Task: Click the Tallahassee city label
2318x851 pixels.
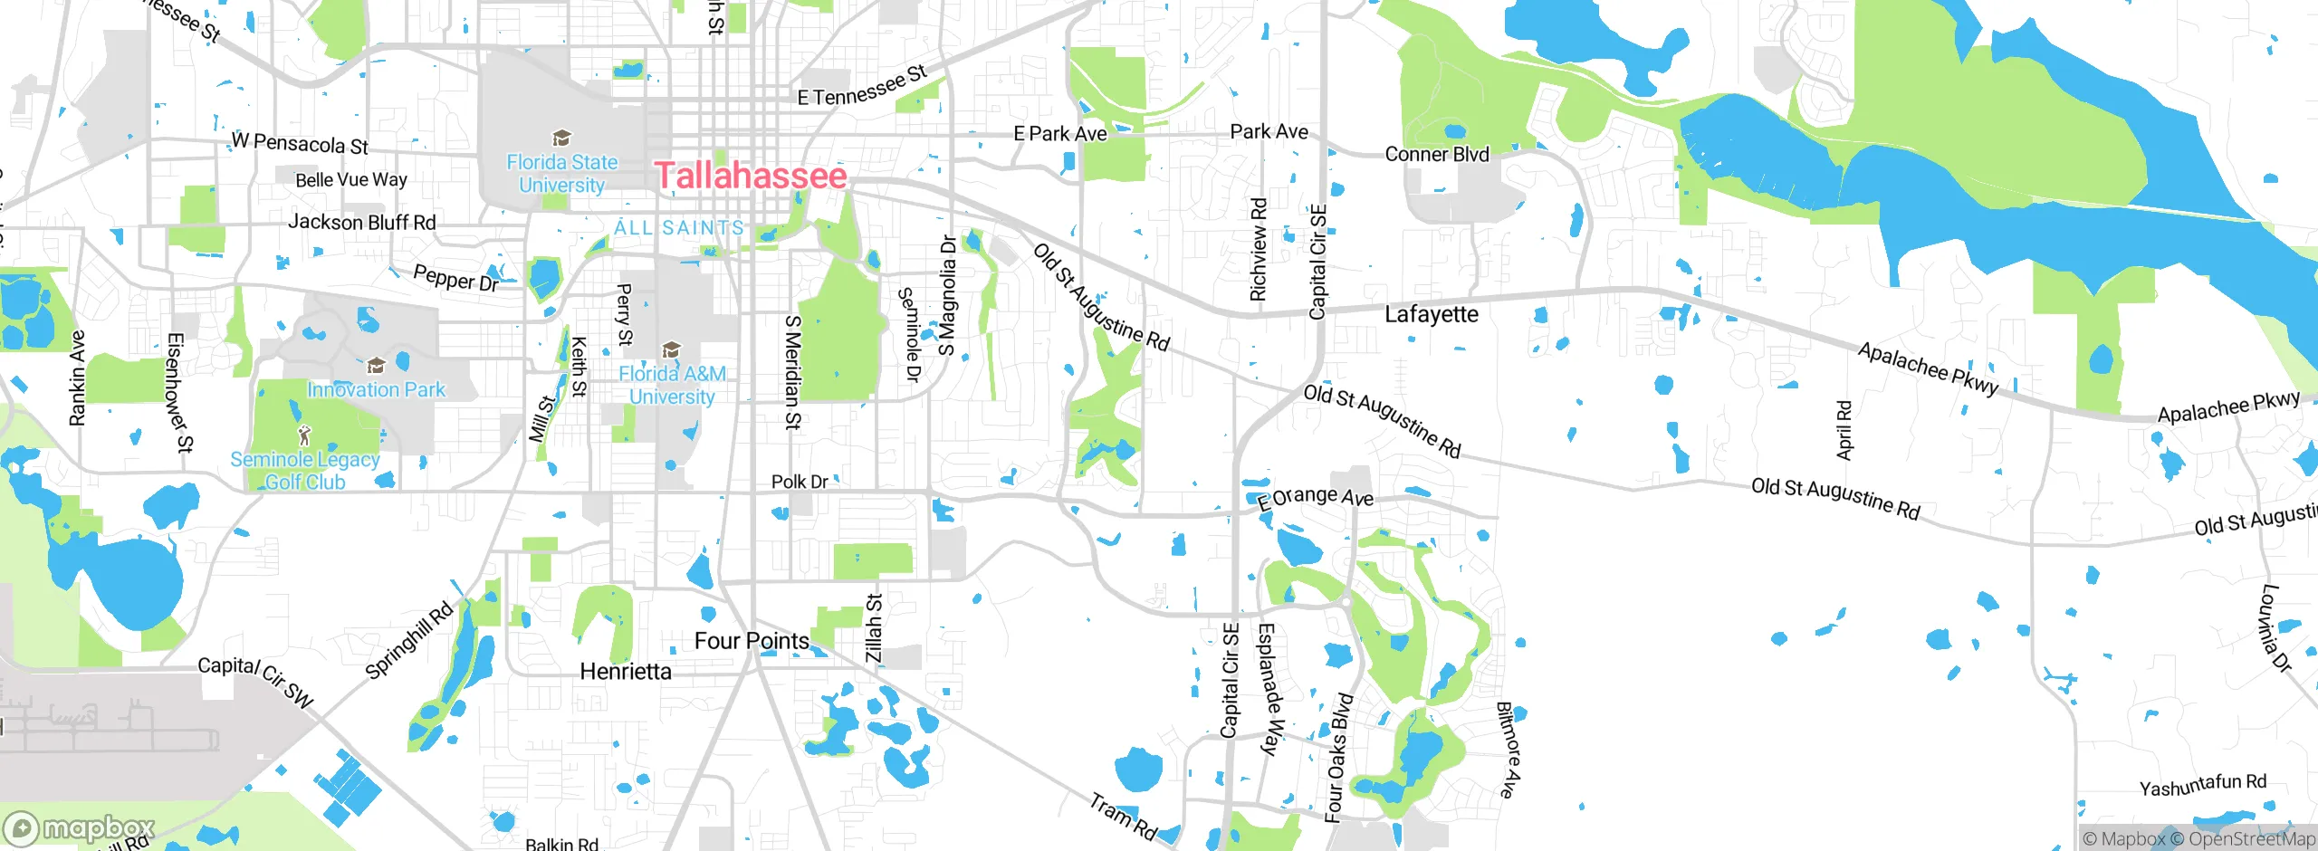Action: pos(751,176)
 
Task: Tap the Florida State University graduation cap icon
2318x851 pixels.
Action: pos(561,139)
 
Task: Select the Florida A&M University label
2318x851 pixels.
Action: pos(672,385)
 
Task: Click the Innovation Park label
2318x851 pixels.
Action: pos(376,390)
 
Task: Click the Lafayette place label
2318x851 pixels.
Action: pos(1432,315)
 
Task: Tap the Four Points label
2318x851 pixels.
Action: pos(752,641)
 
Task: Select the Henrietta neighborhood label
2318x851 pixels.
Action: pos(626,672)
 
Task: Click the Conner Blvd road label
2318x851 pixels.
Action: pos(1437,155)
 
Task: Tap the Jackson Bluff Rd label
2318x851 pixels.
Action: pos(361,223)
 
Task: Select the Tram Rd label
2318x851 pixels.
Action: pos(1123,817)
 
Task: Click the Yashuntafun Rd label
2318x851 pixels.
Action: pos(2203,785)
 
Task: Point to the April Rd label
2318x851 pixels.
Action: pos(1844,430)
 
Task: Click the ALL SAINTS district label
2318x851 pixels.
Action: pos(679,228)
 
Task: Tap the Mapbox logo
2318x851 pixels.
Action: pos(80,828)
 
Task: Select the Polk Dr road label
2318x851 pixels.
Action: pos(800,482)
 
